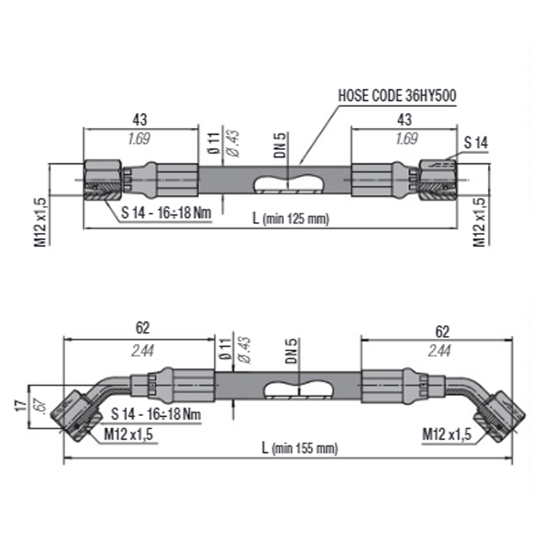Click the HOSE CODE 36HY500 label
click(x=396, y=95)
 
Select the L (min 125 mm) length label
click(x=291, y=218)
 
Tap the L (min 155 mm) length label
click(x=301, y=448)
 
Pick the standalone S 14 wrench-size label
click(x=476, y=143)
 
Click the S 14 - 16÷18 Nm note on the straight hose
click(x=166, y=212)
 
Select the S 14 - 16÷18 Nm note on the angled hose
click(x=156, y=415)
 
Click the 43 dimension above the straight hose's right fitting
click(x=405, y=120)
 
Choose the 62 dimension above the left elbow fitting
click(x=143, y=328)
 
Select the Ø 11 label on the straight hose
click(x=214, y=142)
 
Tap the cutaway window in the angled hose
click(x=298, y=389)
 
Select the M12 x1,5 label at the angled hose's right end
click(x=447, y=434)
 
